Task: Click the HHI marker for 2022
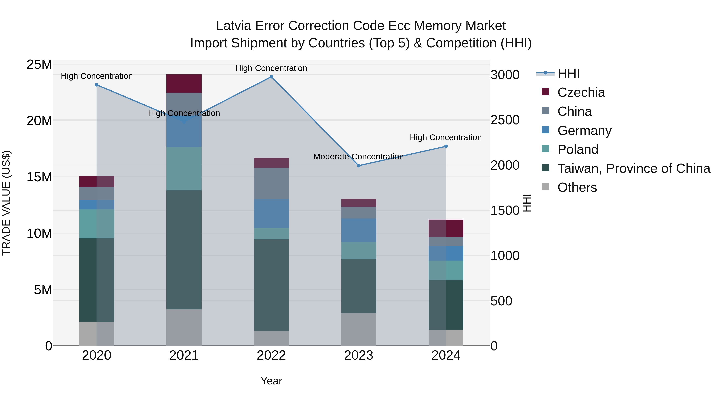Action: (271, 77)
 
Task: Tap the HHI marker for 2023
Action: (358, 166)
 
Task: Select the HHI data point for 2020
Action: (97, 85)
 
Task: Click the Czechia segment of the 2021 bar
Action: (184, 83)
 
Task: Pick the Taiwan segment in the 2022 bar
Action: (271, 285)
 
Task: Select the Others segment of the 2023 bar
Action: (358, 329)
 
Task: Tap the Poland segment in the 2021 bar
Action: (184, 168)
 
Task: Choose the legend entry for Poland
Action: (578, 149)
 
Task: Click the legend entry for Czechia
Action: (581, 92)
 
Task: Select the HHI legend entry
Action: (568, 73)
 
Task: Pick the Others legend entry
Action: (577, 187)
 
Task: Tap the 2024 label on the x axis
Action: (446, 355)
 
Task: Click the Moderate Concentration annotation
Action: (358, 157)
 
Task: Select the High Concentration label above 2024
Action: (445, 137)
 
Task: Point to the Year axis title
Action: (271, 381)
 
